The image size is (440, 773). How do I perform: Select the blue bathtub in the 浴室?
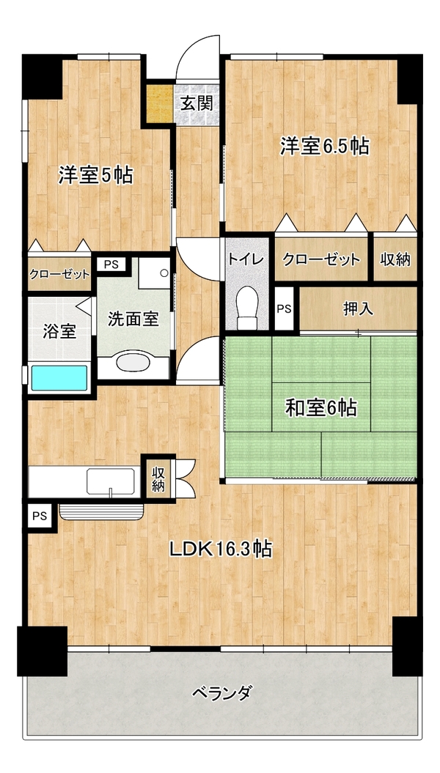click(59, 378)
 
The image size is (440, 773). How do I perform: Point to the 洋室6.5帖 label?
click(325, 146)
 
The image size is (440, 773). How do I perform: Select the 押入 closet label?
click(358, 308)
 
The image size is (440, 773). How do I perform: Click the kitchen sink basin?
click(111, 481)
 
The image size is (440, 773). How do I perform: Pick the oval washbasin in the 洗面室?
click(133, 363)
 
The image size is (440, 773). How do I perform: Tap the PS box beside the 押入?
click(284, 309)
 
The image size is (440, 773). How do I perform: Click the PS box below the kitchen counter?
click(40, 516)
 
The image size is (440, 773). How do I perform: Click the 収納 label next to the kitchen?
click(158, 478)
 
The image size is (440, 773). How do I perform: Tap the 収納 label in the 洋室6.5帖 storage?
click(395, 259)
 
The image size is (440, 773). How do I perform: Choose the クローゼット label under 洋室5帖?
click(59, 274)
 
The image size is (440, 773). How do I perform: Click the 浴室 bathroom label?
click(59, 332)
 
